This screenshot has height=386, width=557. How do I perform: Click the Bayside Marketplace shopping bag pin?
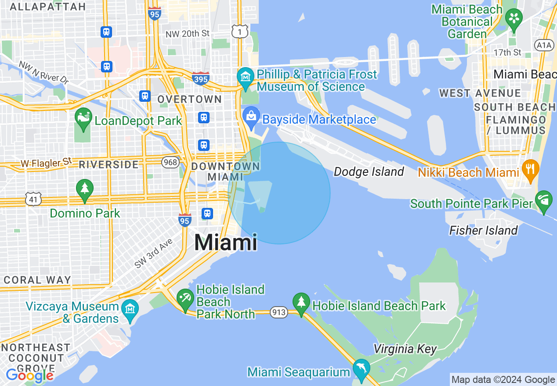point(251,116)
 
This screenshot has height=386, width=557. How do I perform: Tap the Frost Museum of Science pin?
point(245,77)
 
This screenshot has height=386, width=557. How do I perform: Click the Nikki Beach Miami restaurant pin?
point(530,169)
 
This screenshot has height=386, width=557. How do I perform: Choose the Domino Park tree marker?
point(84,189)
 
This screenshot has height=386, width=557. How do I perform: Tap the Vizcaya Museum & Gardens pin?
point(130,308)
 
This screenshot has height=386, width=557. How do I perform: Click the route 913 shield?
point(279,313)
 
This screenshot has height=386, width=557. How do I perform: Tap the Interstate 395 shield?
point(201,78)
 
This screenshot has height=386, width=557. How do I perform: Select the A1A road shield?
point(544,45)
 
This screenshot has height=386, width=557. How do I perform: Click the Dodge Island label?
point(369,172)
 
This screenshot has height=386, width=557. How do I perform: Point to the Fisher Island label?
point(483,230)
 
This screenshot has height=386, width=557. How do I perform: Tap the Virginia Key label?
point(405,349)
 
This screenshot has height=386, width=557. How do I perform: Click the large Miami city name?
point(226,242)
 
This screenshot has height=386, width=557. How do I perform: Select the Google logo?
point(30,375)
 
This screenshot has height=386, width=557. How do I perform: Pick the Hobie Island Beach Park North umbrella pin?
point(185,298)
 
